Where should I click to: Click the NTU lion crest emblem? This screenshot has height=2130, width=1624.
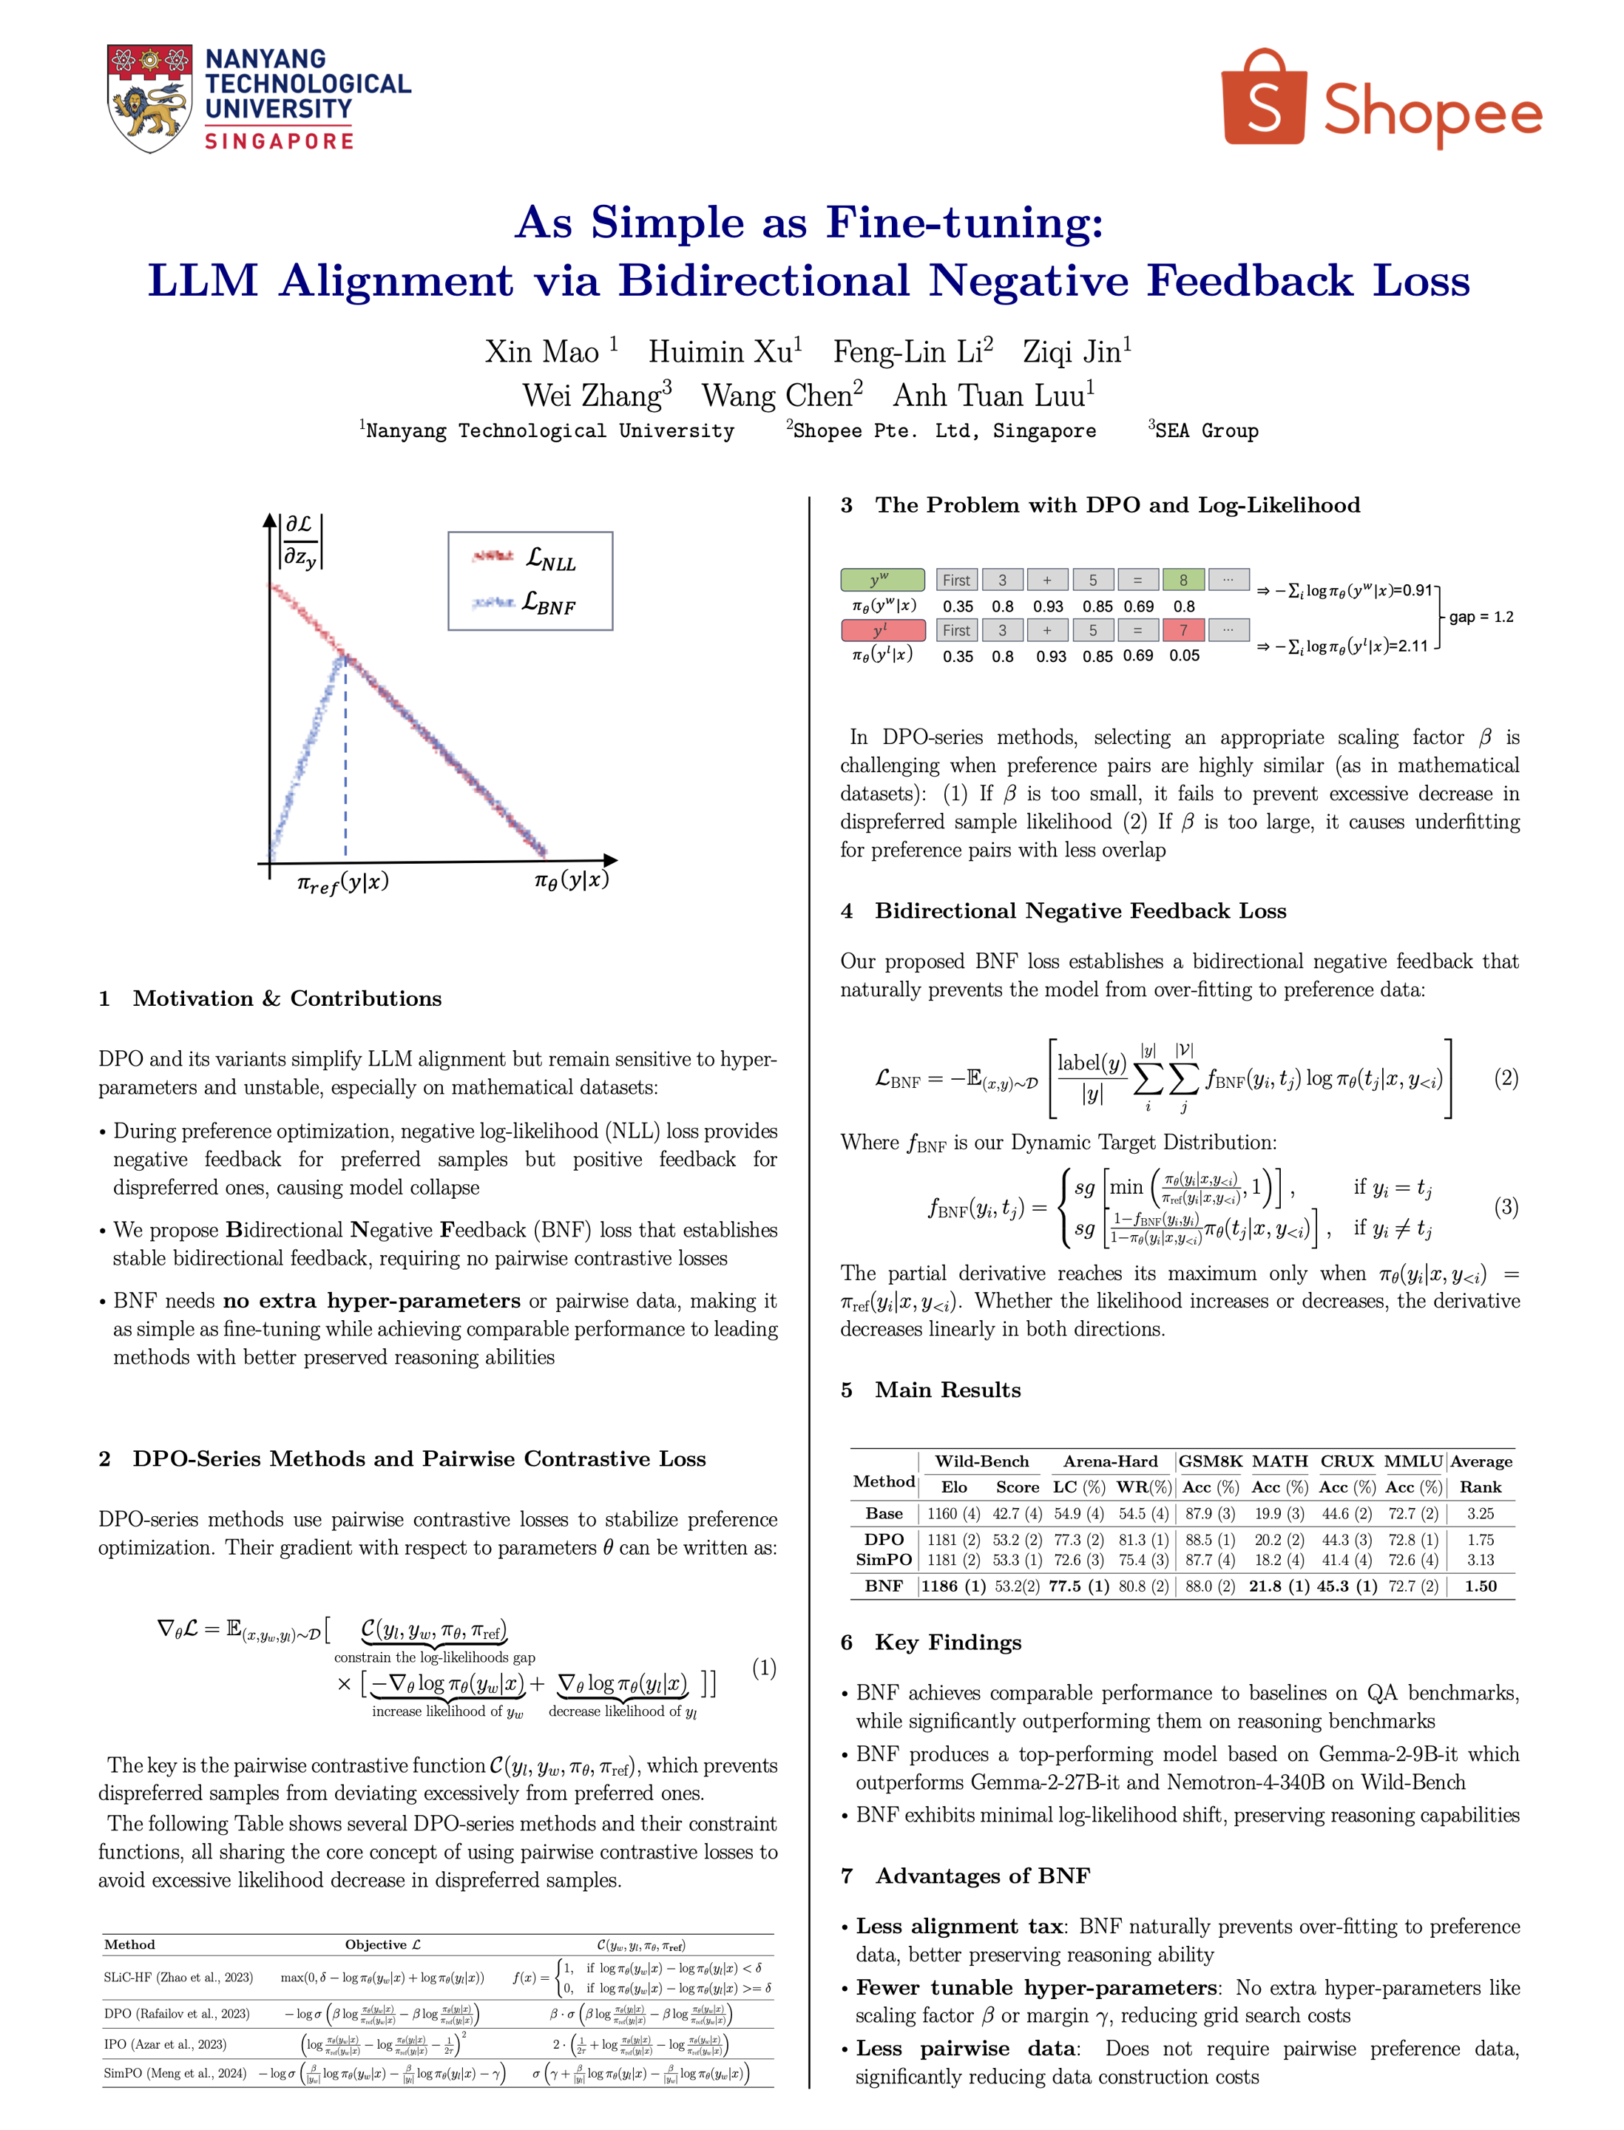point(149,98)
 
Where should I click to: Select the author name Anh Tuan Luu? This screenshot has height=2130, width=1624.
point(994,396)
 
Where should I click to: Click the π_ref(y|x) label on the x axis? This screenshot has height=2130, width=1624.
point(343,882)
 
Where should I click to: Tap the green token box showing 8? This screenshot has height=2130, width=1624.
point(1183,580)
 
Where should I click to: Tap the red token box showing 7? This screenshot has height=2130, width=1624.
point(1183,630)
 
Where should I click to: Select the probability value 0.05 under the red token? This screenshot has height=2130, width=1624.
point(1184,655)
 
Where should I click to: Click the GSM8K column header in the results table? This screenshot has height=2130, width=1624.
point(1211,1461)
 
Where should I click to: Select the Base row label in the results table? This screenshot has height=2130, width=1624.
point(884,1513)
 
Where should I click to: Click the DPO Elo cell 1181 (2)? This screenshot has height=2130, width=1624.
point(953,1539)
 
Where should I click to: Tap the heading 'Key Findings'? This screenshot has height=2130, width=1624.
point(947,1643)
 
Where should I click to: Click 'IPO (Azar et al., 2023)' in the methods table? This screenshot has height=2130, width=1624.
point(166,2044)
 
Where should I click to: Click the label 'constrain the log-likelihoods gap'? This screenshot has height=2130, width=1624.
point(434,1658)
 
